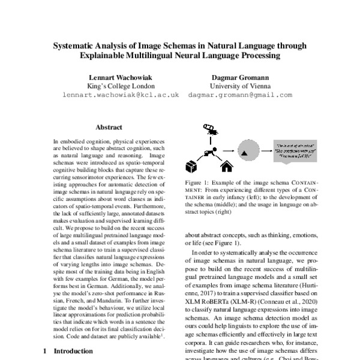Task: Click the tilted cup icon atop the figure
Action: pyautogui.click(x=210, y=129)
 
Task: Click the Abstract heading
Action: pyautogui.click(x=109, y=127)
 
